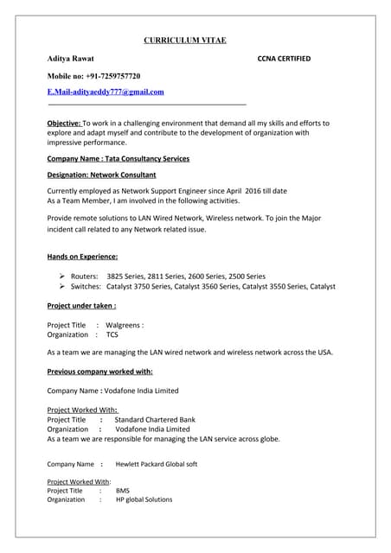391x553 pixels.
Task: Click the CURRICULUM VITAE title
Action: [184, 40]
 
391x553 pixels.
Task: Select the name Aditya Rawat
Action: [70, 59]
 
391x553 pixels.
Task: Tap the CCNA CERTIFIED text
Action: [284, 59]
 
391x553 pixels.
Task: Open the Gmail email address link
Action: [106, 92]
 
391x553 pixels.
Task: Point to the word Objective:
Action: [64, 124]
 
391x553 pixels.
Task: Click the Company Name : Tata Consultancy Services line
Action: [118, 159]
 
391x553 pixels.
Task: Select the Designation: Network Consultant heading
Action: [101, 175]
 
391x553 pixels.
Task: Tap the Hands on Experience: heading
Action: [82, 257]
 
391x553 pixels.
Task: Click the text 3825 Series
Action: [129, 274]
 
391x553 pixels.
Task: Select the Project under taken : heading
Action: [81, 306]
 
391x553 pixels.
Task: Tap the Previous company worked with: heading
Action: [99, 372]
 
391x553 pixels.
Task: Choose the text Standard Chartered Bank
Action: [155, 420]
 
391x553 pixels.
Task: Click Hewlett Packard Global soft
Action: [156, 464]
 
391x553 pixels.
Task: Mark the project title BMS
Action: [122, 490]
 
